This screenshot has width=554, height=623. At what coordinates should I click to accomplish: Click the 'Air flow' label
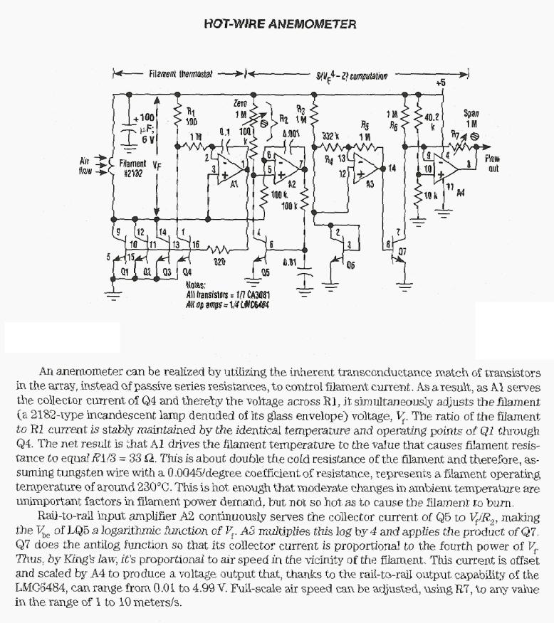88,167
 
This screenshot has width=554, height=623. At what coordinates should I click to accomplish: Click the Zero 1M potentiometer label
240,109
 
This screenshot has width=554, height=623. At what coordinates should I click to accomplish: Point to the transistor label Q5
265,271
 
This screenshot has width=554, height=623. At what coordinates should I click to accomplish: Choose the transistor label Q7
402,251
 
